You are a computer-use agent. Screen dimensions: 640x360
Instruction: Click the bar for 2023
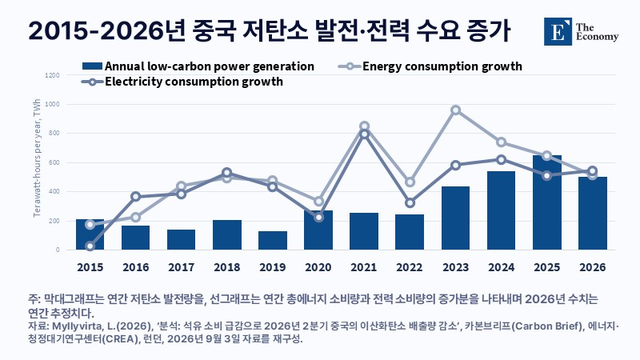click(x=455, y=218)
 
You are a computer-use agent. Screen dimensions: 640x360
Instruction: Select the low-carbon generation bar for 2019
click(x=273, y=241)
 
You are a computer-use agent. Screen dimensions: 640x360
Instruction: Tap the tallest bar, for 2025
click(x=547, y=202)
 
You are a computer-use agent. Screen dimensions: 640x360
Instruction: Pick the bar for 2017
click(x=182, y=239)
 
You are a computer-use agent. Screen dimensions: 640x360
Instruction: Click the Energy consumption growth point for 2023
click(x=455, y=110)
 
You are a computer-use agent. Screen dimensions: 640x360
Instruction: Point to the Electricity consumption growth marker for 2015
click(x=90, y=246)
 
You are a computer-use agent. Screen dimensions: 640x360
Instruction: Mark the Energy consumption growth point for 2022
click(x=410, y=182)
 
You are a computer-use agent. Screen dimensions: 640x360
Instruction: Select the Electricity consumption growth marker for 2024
click(x=502, y=159)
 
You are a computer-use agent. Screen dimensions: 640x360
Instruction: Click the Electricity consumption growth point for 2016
click(x=136, y=197)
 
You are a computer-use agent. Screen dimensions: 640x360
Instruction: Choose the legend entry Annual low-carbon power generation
click(x=198, y=66)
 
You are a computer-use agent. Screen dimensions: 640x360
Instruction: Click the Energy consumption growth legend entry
click(x=430, y=66)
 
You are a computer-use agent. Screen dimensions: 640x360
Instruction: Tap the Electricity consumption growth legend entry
click(x=182, y=82)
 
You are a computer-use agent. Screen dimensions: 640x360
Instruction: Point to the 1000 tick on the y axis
click(x=52, y=105)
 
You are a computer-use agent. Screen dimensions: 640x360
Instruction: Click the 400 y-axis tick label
click(x=54, y=191)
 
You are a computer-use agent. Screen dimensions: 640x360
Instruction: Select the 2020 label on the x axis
click(x=318, y=267)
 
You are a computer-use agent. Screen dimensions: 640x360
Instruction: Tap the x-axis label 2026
click(x=593, y=267)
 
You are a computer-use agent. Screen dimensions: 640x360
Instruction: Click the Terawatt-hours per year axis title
click(x=37, y=158)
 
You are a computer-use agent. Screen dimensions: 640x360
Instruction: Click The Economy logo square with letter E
click(x=558, y=31)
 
